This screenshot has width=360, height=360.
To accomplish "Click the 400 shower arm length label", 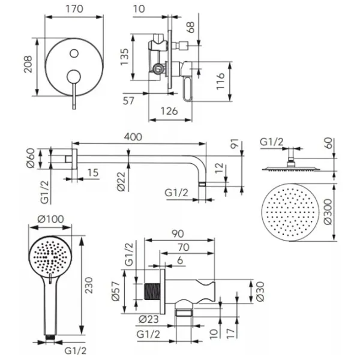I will click(x=134, y=137).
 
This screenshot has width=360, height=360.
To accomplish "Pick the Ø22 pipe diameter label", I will click(x=121, y=181).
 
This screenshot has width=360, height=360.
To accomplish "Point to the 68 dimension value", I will click(x=191, y=26).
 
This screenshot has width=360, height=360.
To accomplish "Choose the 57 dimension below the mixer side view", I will click(x=128, y=101).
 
